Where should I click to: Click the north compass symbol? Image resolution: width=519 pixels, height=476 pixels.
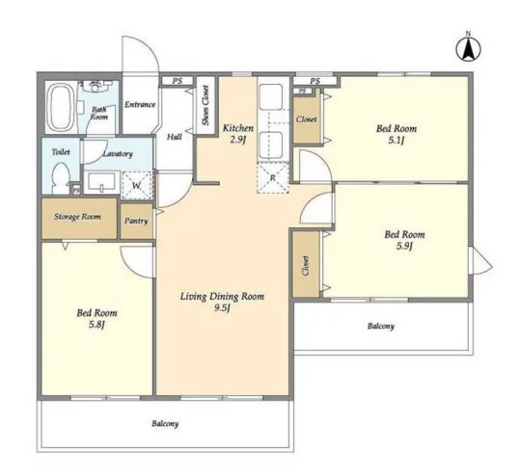point(469,49)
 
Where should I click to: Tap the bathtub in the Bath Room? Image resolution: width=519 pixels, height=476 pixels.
point(60,107)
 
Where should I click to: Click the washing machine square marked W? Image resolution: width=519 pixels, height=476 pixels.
point(137,185)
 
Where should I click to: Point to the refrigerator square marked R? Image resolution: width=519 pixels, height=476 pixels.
point(273,178)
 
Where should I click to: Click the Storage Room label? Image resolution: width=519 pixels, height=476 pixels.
point(77,217)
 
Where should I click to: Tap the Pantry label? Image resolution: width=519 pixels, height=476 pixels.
point(136,221)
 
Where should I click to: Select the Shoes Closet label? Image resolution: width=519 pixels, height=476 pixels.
point(205,105)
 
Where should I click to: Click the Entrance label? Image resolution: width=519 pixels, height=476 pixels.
point(140,104)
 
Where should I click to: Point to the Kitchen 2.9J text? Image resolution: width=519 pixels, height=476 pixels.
point(238,134)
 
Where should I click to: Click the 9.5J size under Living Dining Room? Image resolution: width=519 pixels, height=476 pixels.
point(222,308)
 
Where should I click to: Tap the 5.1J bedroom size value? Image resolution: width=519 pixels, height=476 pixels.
point(396,140)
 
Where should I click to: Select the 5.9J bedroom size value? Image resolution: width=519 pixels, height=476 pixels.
point(404,246)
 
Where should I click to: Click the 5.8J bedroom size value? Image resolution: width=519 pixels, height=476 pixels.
point(96,325)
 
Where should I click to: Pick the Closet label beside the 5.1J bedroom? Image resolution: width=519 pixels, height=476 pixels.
point(306,119)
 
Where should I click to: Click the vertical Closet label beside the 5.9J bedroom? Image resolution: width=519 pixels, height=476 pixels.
point(306,265)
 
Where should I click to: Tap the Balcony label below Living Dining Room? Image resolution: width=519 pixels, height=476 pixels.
point(165,423)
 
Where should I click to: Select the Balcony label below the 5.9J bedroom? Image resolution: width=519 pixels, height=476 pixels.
point(381,327)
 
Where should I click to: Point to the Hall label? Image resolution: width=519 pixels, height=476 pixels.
point(174,137)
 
